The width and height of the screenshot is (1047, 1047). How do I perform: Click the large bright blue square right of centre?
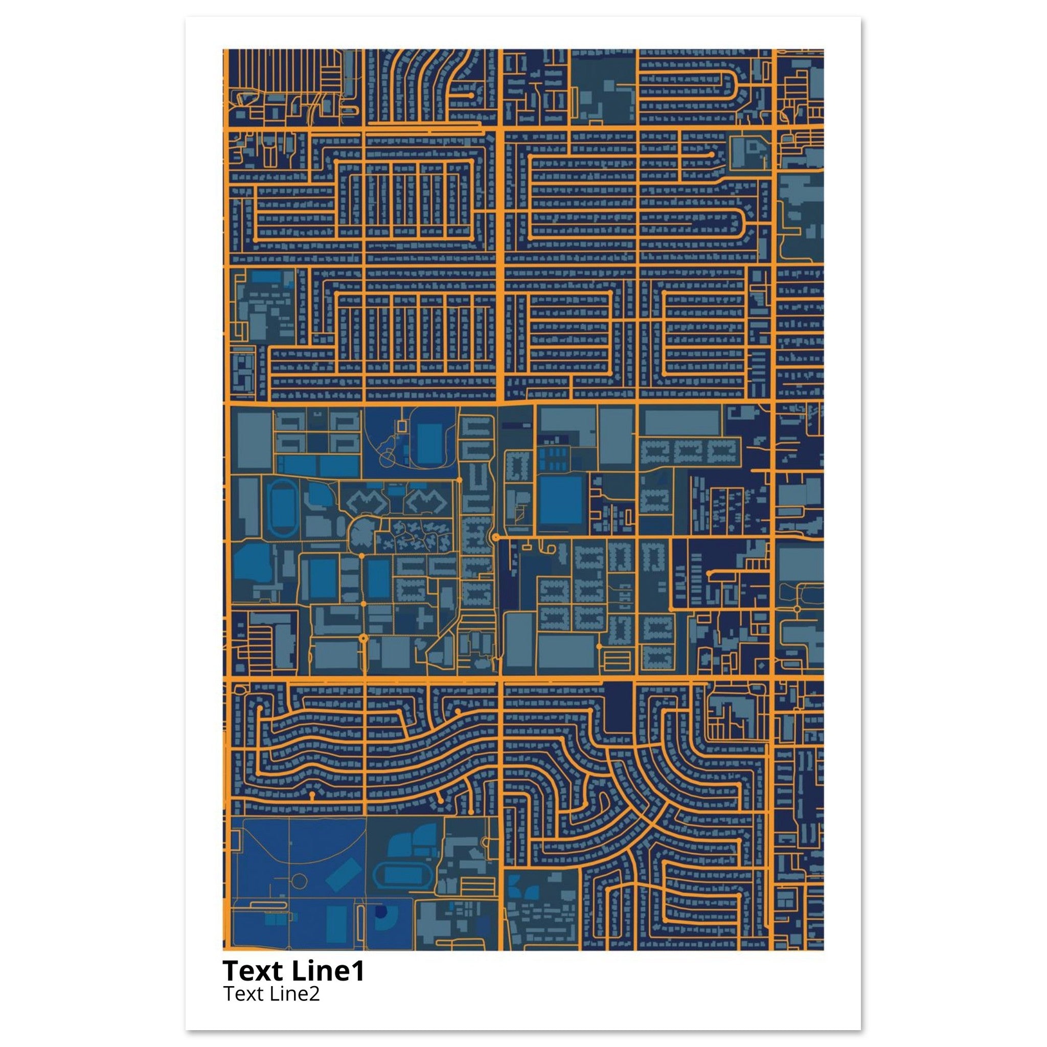pos(561,499)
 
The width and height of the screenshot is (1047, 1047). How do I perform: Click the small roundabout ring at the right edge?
pos(797,608)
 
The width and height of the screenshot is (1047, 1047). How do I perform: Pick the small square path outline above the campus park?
pos(401,426)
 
